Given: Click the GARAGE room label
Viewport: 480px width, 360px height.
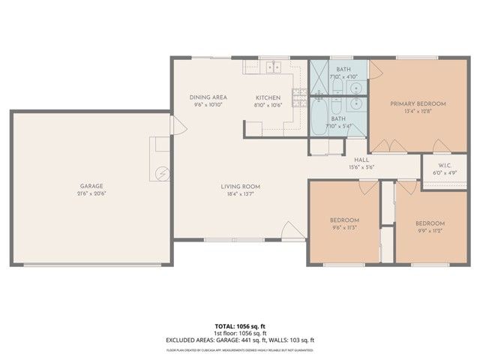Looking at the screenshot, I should [91, 186].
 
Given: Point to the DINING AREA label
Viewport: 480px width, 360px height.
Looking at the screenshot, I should [208, 97].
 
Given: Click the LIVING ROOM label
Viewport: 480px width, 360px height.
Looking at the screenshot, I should [240, 186].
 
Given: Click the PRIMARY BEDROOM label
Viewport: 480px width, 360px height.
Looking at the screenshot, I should [418, 103].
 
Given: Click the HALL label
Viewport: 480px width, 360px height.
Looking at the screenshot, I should [361, 160].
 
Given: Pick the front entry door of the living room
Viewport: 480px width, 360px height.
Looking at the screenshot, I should [289, 229].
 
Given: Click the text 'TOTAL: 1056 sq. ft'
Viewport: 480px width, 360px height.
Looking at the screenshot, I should [240, 326].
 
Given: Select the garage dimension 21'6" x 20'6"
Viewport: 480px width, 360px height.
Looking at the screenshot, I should [91, 193].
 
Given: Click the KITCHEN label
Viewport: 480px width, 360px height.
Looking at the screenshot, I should [268, 97].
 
